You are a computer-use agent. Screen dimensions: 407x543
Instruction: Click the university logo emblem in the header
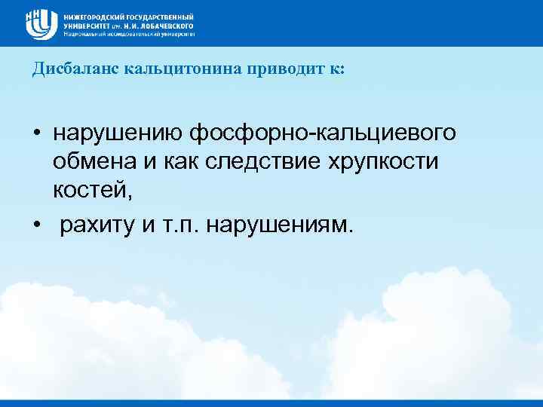(x=41, y=23)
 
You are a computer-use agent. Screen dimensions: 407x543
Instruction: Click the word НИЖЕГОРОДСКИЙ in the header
(x=92, y=16)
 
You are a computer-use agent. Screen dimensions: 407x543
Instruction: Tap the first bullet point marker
(x=37, y=134)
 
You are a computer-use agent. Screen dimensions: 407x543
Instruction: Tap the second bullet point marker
(x=37, y=225)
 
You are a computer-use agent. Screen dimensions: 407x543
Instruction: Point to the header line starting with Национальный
(x=129, y=34)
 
